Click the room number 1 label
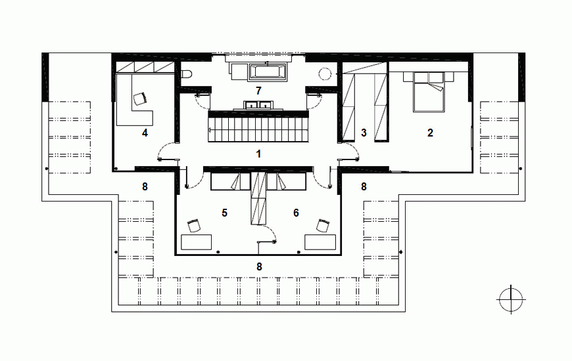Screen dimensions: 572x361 [258, 154]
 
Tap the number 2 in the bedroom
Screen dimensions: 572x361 [430, 133]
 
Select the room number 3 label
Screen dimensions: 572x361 [364, 133]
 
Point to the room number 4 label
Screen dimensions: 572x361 [145, 133]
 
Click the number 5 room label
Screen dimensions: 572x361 [224, 213]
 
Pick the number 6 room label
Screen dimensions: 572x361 [296, 213]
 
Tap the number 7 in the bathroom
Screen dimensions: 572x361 [258, 91]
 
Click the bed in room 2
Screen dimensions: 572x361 [429, 92]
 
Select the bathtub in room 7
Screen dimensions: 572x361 [268, 72]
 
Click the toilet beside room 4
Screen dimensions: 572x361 [187, 74]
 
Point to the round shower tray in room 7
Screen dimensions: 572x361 [325, 74]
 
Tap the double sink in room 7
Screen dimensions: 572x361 [258, 106]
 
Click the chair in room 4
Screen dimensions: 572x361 [141, 98]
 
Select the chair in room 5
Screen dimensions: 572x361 [194, 226]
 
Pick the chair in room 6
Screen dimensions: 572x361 [323, 226]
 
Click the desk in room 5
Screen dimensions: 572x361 [197, 242]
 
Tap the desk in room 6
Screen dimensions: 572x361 [320, 242]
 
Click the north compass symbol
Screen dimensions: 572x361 [511, 299]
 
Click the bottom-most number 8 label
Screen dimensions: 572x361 [259, 267]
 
